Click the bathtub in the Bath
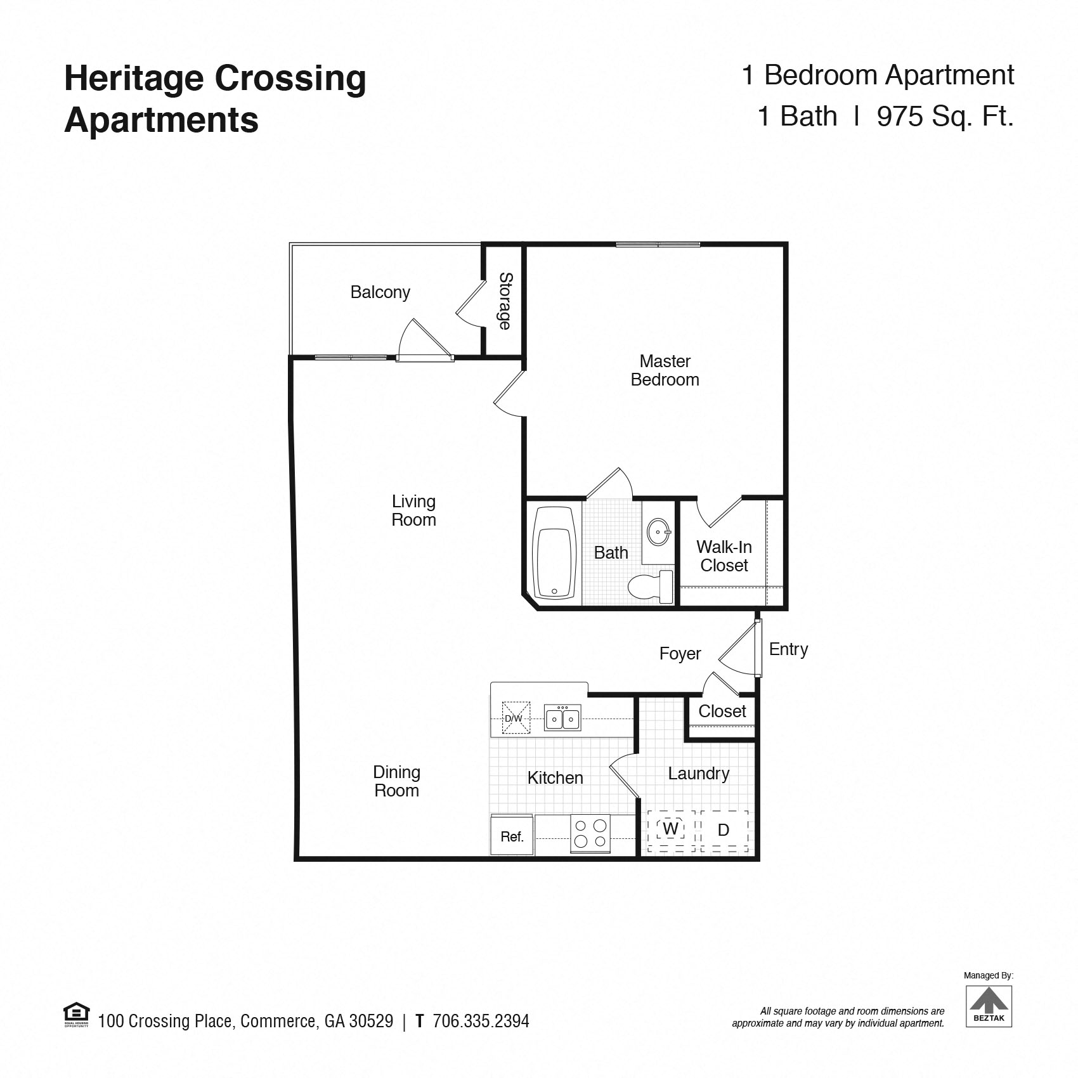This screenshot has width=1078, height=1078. click(x=554, y=552)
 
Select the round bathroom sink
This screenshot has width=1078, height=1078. click(x=659, y=531)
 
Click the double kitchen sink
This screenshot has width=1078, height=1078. click(x=562, y=718)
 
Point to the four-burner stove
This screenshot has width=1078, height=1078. click(x=590, y=833)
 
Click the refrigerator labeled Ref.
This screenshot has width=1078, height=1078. click(x=512, y=835)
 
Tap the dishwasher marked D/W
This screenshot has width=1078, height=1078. click(x=516, y=718)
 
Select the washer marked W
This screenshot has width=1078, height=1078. click(x=671, y=830)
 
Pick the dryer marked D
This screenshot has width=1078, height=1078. click(x=724, y=830)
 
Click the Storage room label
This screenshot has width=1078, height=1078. click(x=505, y=301)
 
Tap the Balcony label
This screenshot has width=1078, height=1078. click(x=380, y=292)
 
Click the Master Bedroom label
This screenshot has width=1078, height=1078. click(x=665, y=370)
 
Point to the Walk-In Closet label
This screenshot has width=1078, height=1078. click(x=724, y=556)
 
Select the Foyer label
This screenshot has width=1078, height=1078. click(x=680, y=654)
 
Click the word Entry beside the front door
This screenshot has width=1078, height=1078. click(x=788, y=650)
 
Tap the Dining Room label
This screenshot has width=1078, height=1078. click(x=396, y=781)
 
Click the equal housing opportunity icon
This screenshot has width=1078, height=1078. click(x=77, y=1015)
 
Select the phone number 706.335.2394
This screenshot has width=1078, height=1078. click(x=481, y=1021)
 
